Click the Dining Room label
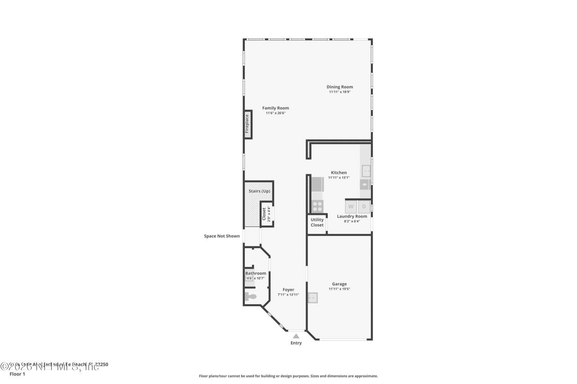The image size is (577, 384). (339, 87)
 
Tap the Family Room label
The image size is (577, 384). (275, 108)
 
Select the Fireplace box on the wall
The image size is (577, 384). (247, 124)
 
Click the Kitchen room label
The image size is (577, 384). (339, 172)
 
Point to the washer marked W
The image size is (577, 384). (351, 207)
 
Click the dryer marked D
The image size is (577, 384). (364, 207)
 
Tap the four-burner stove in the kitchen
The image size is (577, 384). (317, 206)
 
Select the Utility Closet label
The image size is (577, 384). (317, 222)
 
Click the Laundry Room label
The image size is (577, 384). (352, 216)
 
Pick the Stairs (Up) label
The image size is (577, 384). (259, 191)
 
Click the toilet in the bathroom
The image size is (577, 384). (250, 297)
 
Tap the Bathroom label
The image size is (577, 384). (256, 273)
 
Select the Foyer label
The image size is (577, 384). (288, 290)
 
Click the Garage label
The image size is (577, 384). (339, 284)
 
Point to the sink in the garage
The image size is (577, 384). (312, 298)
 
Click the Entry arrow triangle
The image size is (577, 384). (296, 336)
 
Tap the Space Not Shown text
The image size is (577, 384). (222, 236)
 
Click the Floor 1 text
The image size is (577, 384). (18, 374)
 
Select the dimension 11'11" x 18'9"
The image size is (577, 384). (339, 92)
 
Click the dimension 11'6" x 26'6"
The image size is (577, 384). (275, 113)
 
